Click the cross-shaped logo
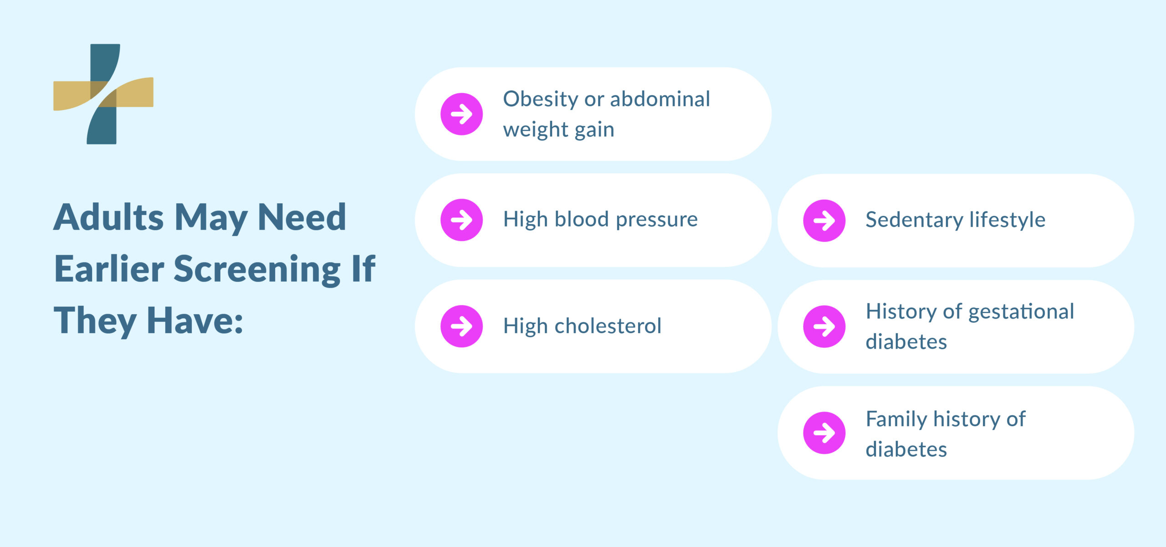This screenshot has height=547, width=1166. pos(103,94)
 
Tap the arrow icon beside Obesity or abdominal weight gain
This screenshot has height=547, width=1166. pos(461,114)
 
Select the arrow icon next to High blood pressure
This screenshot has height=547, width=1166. pos(461,220)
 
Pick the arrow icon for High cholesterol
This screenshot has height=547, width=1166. pos(461,326)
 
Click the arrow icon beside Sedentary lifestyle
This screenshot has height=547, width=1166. pos(824,220)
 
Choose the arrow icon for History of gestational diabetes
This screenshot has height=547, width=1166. pos(824,326)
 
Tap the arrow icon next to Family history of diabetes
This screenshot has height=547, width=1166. pos(824,433)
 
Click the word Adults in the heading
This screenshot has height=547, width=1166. pos(108,217)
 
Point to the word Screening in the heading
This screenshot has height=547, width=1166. pos(257,269)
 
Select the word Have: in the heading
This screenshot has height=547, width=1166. pos(194,321)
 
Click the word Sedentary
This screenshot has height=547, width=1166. pos(914,220)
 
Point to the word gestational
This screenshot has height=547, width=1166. pos(1021,312)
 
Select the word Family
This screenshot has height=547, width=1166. pos(895,419)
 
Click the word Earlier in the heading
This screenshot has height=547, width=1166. pos(109,269)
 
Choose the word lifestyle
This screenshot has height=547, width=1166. pos(1007,220)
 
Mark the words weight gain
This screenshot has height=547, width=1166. pos(558,130)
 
